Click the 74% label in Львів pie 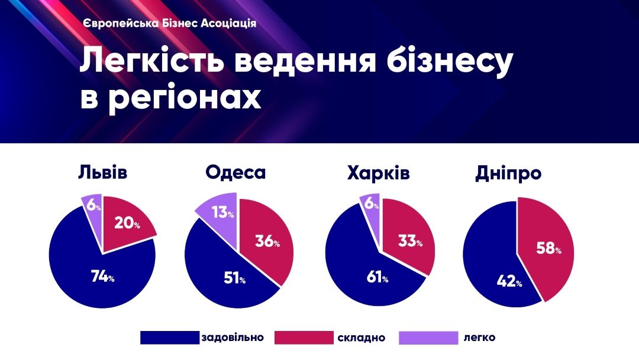click(x=102, y=277)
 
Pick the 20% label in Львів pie click(x=127, y=224)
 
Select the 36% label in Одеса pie click(x=267, y=242)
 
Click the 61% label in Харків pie click(x=376, y=278)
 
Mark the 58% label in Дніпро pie click(x=549, y=249)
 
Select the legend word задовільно click(x=233, y=337)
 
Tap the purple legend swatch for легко click(x=428, y=337)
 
